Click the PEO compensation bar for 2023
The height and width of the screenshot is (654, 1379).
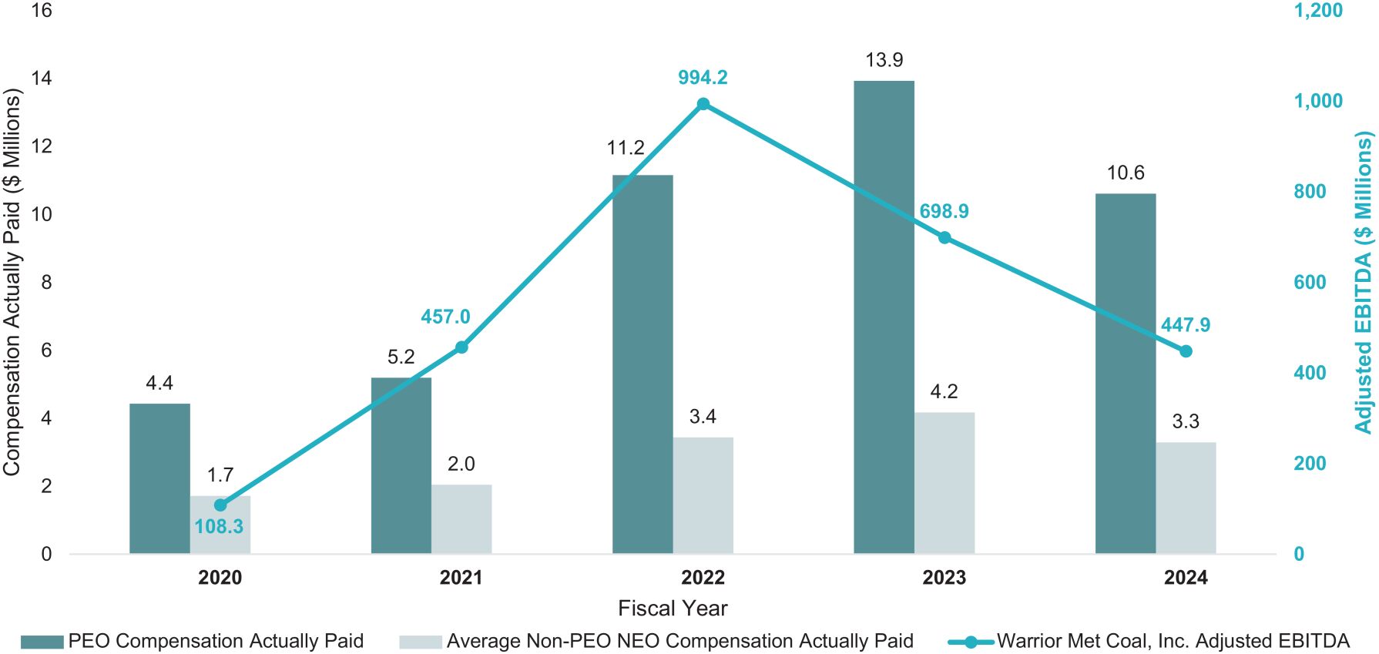click(x=884, y=316)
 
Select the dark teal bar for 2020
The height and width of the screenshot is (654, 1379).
click(x=159, y=478)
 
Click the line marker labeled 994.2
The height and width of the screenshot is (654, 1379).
click(x=703, y=104)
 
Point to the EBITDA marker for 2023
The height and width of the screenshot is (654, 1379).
click(x=944, y=237)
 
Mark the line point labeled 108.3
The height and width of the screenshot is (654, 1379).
click(x=220, y=505)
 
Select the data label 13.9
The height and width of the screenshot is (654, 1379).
click(x=884, y=60)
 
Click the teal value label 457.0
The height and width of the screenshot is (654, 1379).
click(x=445, y=317)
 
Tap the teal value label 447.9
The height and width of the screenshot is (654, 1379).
click(x=1186, y=325)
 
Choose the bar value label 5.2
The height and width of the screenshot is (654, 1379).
click(x=401, y=357)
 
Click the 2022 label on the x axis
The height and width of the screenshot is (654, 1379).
click(x=703, y=578)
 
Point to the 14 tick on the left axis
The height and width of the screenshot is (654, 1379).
click(x=42, y=78)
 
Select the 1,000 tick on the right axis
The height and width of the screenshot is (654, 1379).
click(x=1317, y=101)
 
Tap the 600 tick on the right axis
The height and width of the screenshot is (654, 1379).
click(x=1310, y=282)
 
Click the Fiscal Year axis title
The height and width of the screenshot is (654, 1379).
click(x=673, y=609)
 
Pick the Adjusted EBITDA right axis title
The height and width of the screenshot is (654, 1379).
click(x=1364, y=282)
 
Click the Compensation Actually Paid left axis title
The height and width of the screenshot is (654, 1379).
click(x=12, y=282)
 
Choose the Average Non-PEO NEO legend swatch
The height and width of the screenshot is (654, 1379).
click(x=421, y=642)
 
